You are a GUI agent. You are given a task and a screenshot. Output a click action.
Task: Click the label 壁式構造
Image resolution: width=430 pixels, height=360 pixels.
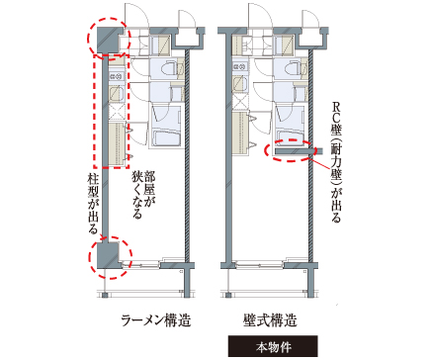click(272, 319)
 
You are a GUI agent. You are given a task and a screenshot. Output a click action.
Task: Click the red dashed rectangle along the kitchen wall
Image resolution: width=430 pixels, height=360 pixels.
click(111, 110)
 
